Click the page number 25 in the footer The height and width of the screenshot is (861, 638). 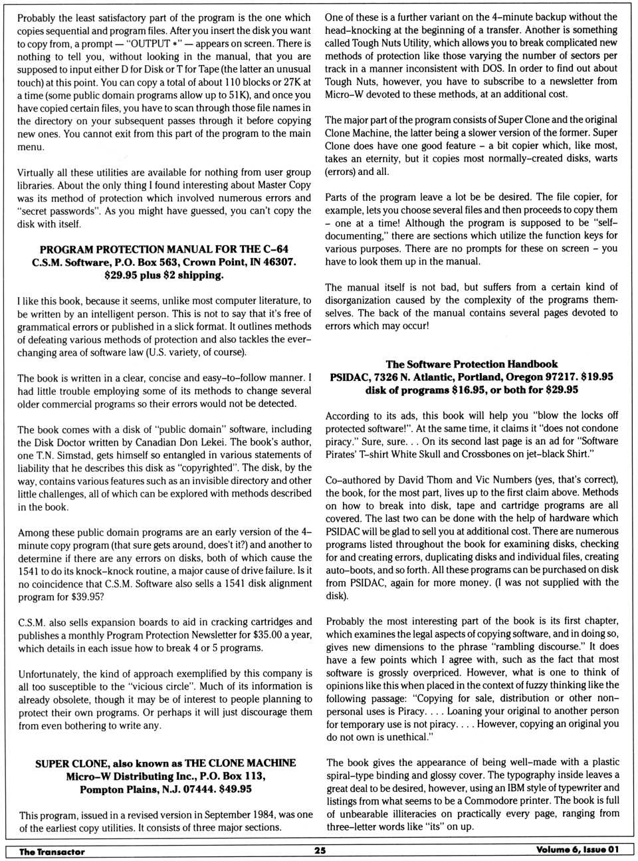(x=320, y=850)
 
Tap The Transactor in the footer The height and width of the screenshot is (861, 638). (x=52, y=851)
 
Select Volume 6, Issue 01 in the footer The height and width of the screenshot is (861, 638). (x=577, y=850)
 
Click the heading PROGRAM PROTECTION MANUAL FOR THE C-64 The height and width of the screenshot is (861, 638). (x=164, y=249)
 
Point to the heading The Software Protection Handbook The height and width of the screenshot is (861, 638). (x=471, y=364)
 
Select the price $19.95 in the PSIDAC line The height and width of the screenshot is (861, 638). (x=597, y=376)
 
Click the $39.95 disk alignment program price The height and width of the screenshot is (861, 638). (x=88, y=596)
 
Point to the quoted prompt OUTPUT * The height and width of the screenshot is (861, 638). (x=151, y=43)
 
